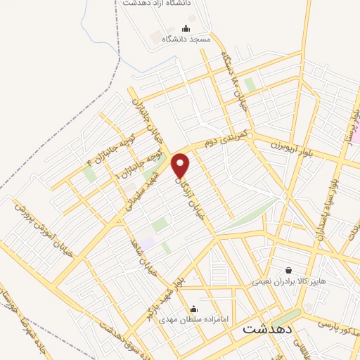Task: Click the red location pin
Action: point(181,166)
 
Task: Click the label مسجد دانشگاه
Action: point(186,40)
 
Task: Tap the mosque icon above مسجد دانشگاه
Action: point(186,29)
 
